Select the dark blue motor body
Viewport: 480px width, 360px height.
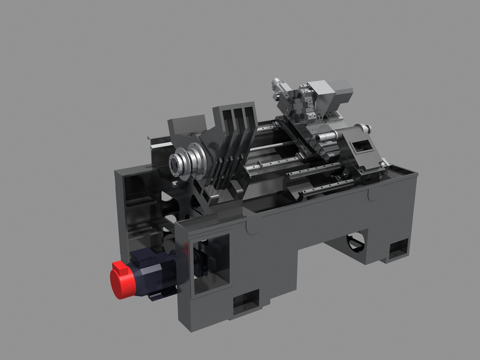click(x=154, y=272)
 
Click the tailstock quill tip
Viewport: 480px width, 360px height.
click(x=318, y=138)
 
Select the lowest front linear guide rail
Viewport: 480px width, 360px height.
click(x=326, y=188)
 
